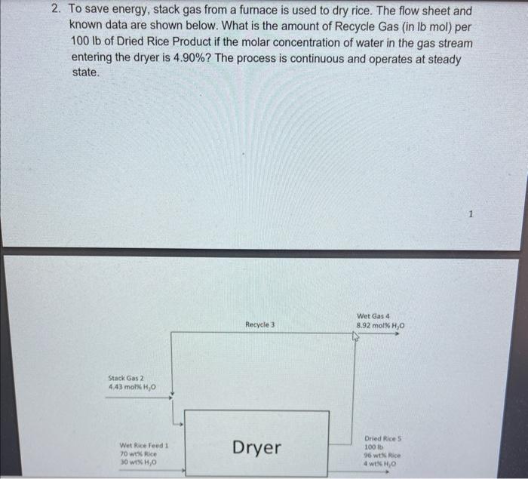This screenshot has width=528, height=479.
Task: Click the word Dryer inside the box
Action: tap(256, 448)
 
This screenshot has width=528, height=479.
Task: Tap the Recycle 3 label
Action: tap(260, 324)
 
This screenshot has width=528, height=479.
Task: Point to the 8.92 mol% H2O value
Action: tap(380, 326)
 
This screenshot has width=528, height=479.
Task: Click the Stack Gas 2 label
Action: tap(126, 378)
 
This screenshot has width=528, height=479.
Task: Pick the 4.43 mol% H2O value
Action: tap(132, 387)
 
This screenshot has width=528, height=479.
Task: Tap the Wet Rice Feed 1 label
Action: tap(144, 445)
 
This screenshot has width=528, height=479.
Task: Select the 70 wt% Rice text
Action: tap(138, 454)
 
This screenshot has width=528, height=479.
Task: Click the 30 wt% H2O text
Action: tap(138, 462)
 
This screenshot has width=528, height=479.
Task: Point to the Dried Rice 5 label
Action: tap(383, 438)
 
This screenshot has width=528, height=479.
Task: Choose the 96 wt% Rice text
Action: tap(382, 456)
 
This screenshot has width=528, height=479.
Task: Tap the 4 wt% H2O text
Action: tap(380, 464)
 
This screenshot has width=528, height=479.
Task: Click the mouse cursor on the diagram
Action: tap(355, 336)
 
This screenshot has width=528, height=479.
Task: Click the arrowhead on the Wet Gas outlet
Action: tap(398, 334)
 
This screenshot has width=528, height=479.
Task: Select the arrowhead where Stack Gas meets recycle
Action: tap(170, 398)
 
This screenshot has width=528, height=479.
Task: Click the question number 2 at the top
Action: tap(57, 9)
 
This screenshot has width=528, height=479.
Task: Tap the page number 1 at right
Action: tap(471, 214)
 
